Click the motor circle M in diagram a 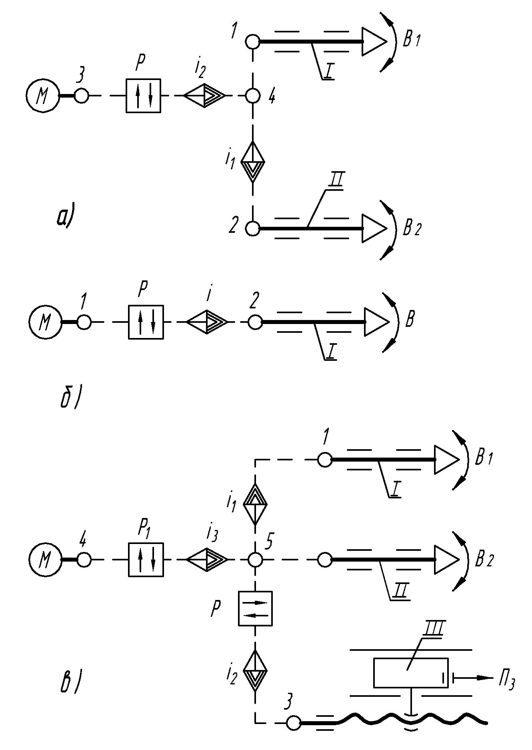pos(42,96)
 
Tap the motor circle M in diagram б pos(45,322)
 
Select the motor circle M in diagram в pos(45,559)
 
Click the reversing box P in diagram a pos(143,96)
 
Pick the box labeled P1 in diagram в pos(146,559)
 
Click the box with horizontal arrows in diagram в pos(255,608)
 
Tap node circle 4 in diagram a pos(253,96)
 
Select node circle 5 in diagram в pos(255,559)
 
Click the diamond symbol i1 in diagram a pos(253,162)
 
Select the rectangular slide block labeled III pos(410,672)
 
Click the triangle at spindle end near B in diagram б pos(375,322)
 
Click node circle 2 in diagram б pos(255,322)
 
